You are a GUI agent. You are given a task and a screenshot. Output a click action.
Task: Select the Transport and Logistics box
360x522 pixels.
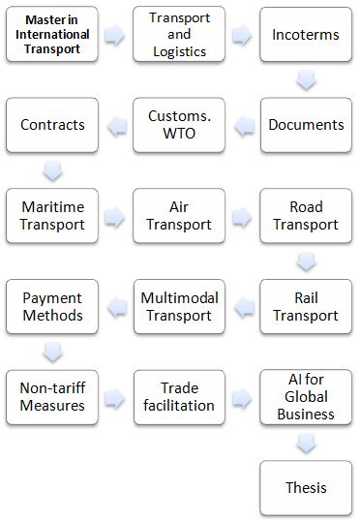(179, 35)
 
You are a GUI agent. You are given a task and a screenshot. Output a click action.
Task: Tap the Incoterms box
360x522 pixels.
(306, 35)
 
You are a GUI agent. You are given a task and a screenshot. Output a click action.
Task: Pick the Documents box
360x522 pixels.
(306, 125)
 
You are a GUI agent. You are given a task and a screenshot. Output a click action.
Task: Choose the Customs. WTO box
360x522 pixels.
(179, 125)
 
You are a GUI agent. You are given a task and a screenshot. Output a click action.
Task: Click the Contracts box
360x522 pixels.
(52, 125)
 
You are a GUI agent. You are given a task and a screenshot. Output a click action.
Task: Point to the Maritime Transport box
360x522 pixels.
(52, 216)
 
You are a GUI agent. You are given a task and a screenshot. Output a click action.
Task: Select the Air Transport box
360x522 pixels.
(179, 216)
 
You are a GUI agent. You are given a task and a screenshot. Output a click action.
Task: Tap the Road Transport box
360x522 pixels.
(306, 216)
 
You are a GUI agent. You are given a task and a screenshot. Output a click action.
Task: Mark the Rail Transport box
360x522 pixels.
(306, 306)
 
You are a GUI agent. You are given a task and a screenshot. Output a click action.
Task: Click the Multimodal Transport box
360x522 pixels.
(179, 306)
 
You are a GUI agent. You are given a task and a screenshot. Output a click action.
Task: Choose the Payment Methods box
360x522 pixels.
(52, 306)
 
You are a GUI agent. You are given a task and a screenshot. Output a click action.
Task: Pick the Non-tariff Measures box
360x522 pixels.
(52, 397)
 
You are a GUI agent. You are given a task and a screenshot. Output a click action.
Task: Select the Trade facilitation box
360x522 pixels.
(179, 397)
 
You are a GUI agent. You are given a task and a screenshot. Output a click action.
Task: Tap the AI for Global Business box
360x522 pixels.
(306, 397)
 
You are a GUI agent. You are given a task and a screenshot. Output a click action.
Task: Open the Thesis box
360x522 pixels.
(306, 487)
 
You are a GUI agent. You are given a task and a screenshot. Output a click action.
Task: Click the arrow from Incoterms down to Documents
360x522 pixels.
(306, 80)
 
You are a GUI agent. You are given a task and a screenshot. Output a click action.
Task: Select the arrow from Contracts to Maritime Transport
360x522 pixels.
(52, 170)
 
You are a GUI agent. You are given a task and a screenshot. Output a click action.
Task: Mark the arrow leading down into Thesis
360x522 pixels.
(306, 443)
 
